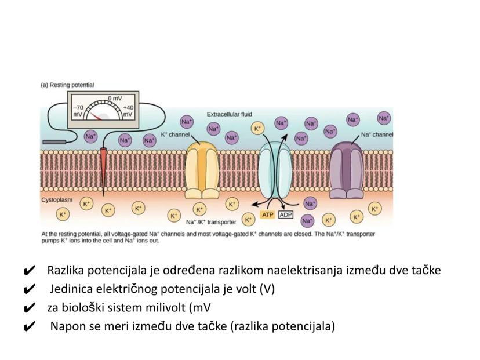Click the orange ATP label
[267, 215]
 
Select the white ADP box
[286, 215]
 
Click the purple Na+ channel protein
[346, 170]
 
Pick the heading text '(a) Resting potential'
[67, 85]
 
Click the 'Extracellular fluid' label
[230, 114]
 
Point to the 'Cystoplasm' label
[57, 199]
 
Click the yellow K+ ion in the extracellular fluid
[257, 128]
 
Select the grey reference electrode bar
[54, 140]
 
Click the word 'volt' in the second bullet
[246, 289]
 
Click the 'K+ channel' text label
[176, 134]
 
